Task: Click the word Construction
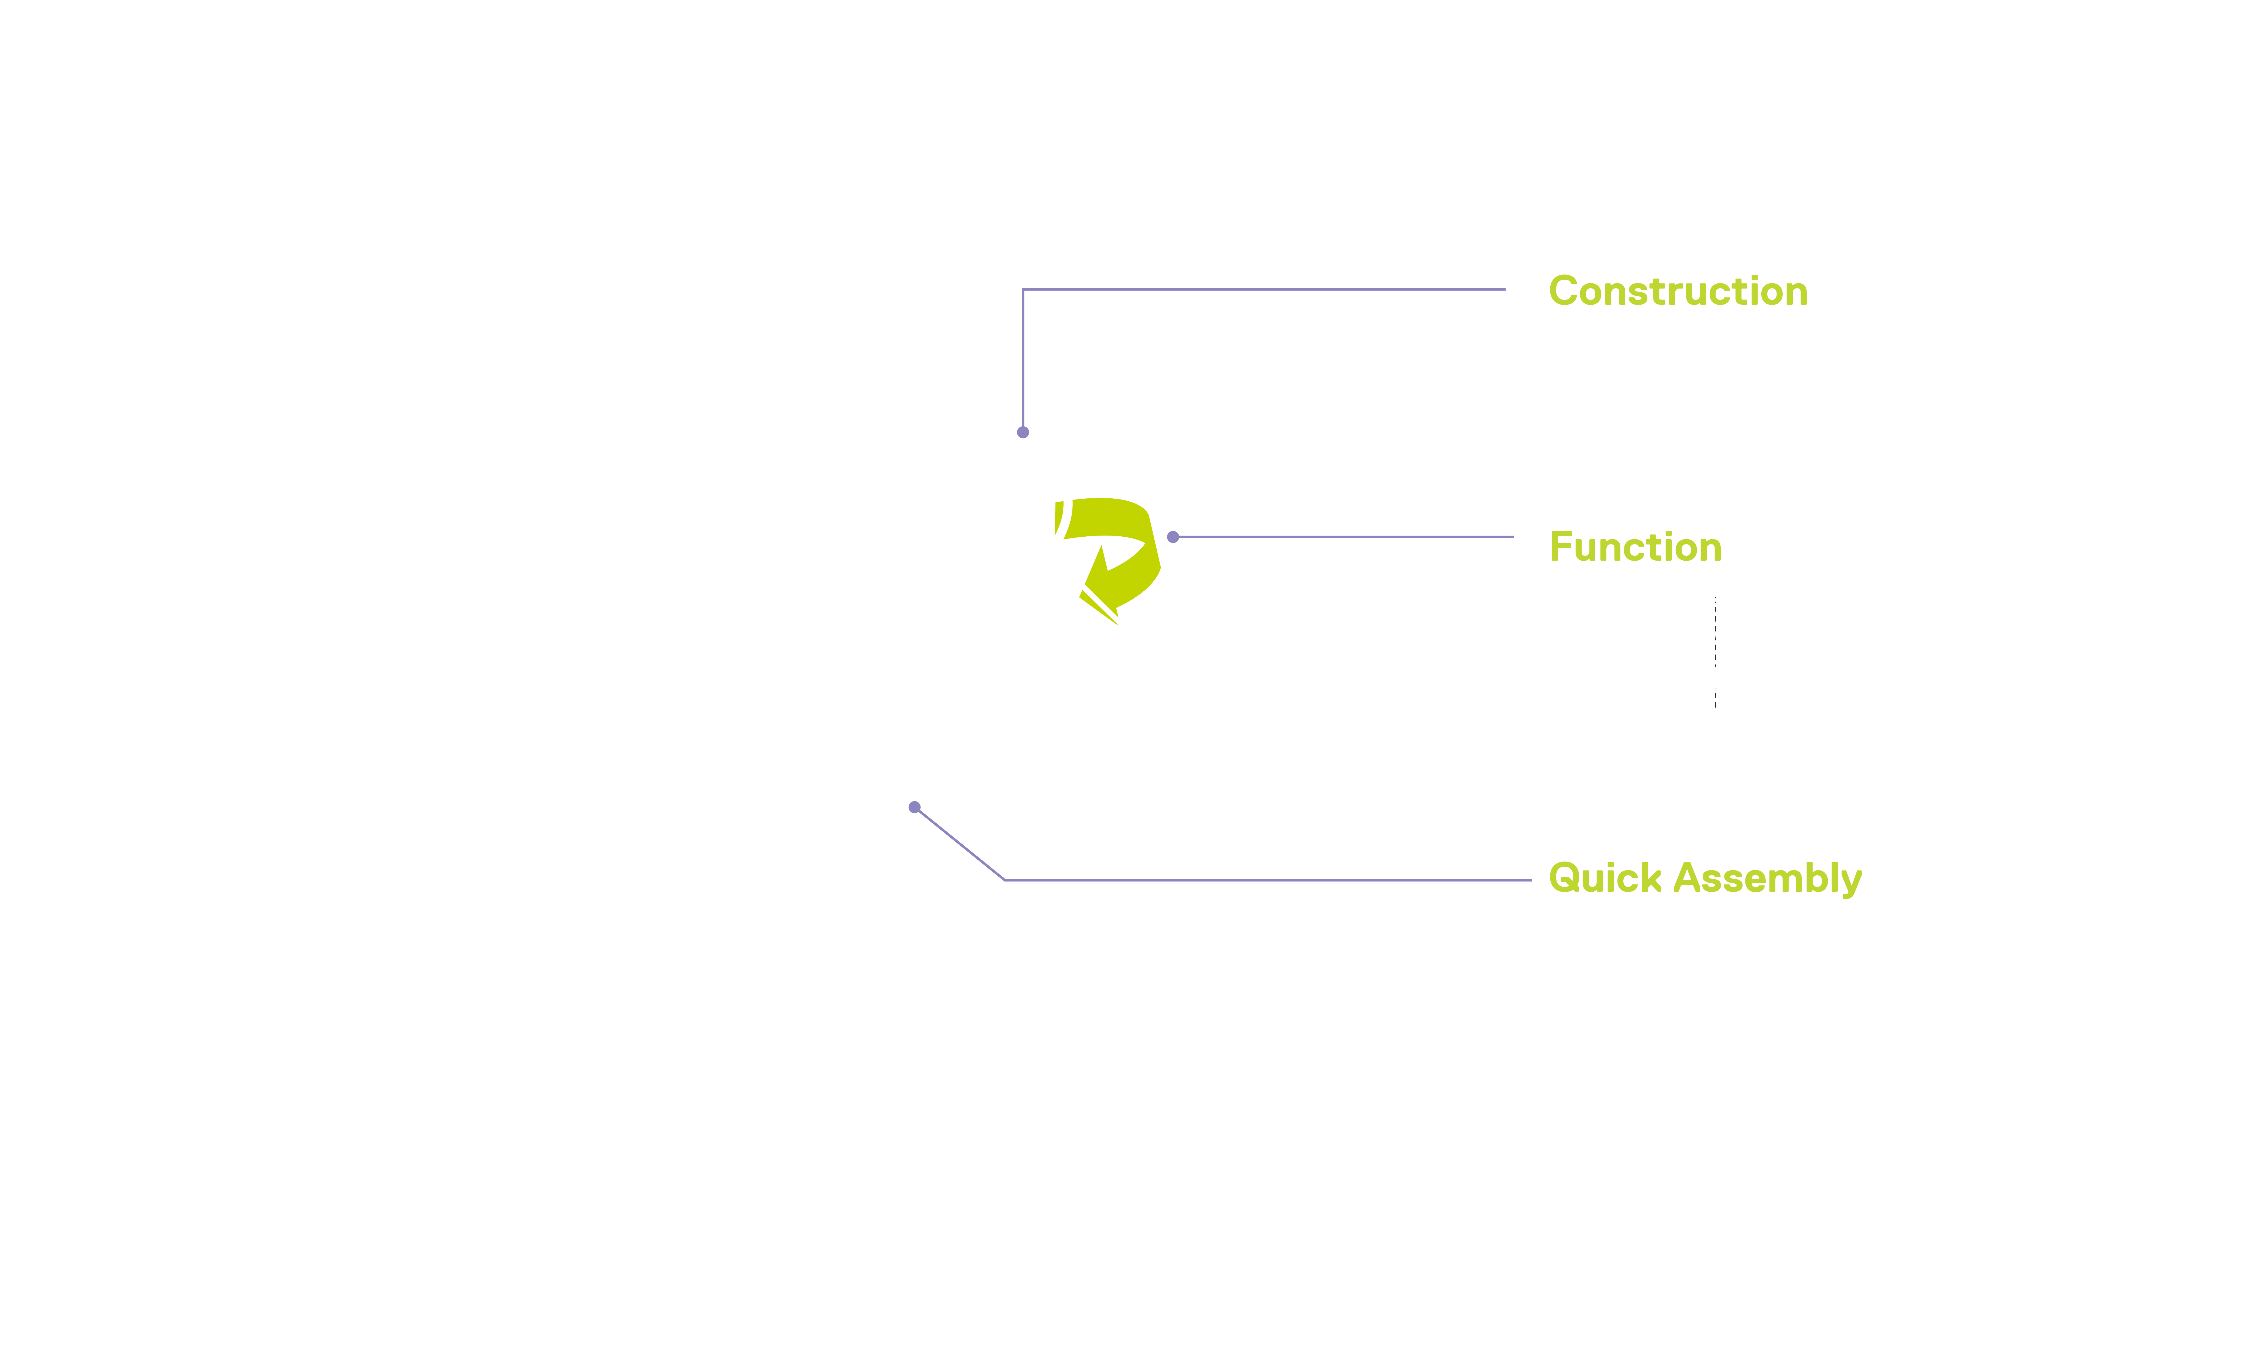click(1678, 291)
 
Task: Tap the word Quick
click(1605, 878)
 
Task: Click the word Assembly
click(1768, 879)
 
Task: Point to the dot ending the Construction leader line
click(1023, 432)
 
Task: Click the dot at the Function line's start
click(1173, 537)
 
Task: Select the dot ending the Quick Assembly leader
click(914, 807)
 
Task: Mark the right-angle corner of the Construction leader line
click(1023, 290)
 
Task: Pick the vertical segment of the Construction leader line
click(1023, 360)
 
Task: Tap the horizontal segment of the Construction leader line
click(1264, 290)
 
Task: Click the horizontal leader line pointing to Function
click(1344, 537)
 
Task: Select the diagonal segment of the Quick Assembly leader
click(960, 843)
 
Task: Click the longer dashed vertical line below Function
click(1716, 633)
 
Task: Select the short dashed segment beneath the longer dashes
click(1716, 700)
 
